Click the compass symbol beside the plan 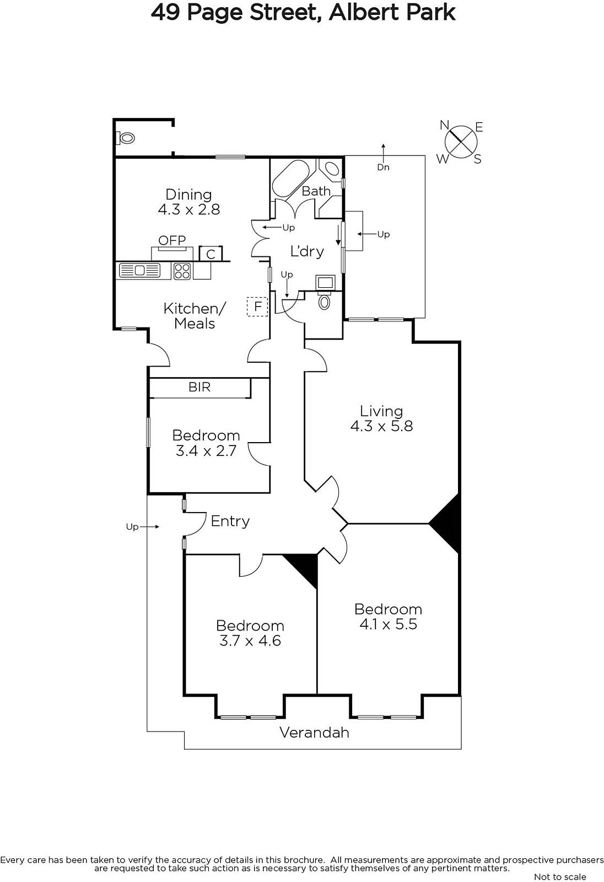tap(461, 142)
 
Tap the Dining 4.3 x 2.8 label tap(189, 202)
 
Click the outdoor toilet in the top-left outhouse tap(126, 138)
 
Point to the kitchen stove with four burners tap(182, 271)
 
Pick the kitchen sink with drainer tap(140, 271)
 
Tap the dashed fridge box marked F tap(257, 306)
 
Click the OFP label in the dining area tap(172, 240)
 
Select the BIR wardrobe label tap(199, 387)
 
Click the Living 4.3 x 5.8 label tap(381, 418)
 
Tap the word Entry tap(230, 521)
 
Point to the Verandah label tap(315, 733)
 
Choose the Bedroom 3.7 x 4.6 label tap(250, 633)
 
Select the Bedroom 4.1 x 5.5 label tap(388, 617)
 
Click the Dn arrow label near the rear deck tap(383, 168)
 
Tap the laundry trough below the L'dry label tap(326, 283)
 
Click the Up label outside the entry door tap(132, 527)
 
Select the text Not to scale tap(560, 876)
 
